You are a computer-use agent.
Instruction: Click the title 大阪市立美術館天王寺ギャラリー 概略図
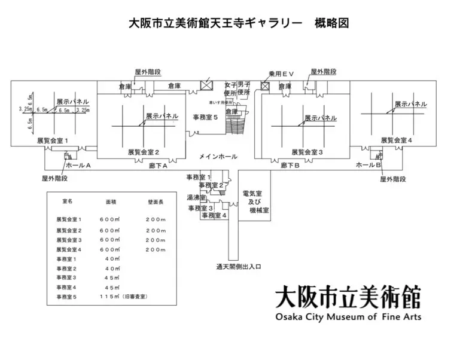click(238, 23)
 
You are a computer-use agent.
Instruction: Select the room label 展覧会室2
click(143, 152)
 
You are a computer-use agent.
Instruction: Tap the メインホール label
click(218, 156)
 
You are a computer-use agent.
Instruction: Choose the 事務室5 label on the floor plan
click(205, 116)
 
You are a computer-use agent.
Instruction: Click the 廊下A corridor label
click(158, 165)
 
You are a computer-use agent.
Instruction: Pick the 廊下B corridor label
click(290, 165)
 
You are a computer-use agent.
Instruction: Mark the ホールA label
click(78, 164)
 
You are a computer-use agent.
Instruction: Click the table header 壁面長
click(156, 202)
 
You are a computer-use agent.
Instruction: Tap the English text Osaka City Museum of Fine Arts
click(348, 317)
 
